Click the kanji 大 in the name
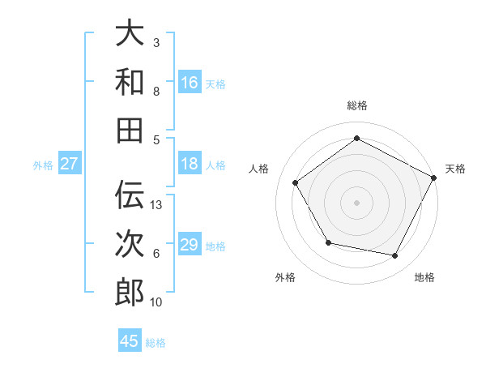coord(130,33)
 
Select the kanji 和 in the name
coord(130,81)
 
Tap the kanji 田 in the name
coord(130,129)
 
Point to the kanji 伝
coord(130,195)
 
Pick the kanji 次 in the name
coord(130,243)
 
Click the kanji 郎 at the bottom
coord(130,292)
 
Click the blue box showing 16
coord(190,82)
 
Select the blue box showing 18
coord(190,164)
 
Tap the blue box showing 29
coord(190,245)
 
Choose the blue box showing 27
coord(70,164)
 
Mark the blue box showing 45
coord(130,341)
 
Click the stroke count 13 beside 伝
coord(157,205)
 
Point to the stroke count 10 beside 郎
coord(156,302)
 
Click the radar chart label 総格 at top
coord(356,105)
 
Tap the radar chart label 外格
coord(285,277)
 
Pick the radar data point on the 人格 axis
coord(296,182)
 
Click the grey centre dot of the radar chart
coord(356,202)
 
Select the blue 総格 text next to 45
coord(156,343)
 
